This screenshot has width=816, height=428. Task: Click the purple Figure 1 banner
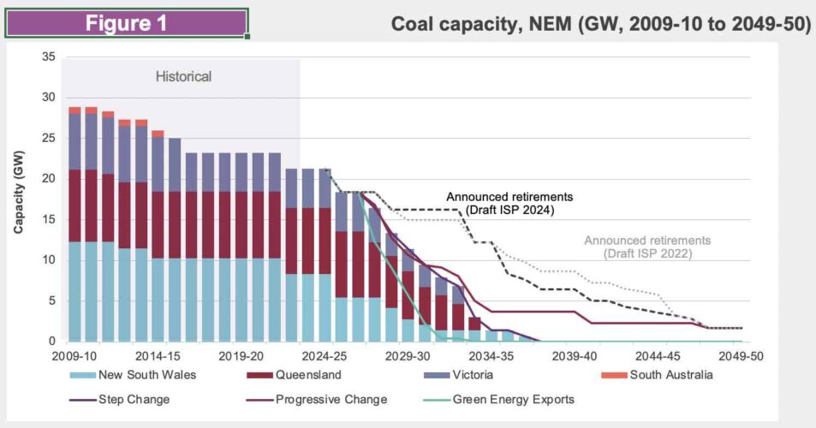coord(127,23)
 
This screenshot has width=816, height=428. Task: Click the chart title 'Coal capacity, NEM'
coord(600,24)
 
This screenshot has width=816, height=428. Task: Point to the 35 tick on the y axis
coord(49,57)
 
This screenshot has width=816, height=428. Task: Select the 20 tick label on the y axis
coord(49,179)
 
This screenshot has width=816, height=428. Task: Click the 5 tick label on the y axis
coord(52,300)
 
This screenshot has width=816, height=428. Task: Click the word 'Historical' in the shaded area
coord(183,77)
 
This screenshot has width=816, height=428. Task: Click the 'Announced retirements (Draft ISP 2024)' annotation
coord(509,203)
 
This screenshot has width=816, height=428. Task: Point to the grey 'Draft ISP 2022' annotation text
coord(647,247)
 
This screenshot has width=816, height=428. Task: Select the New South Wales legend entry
coord(138,374)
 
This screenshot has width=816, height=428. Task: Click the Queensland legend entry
coord(300,374)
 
